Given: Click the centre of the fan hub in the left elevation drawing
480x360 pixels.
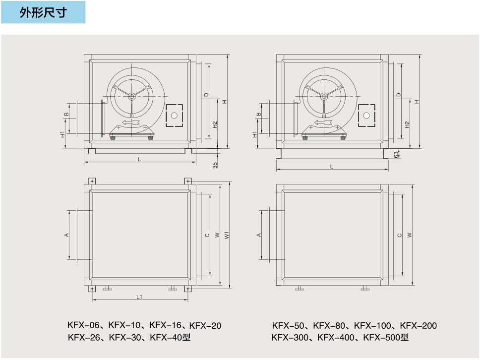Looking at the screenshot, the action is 131,96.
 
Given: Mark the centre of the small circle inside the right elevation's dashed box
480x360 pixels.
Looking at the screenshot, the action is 366,116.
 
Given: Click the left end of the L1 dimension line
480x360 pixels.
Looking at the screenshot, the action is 92,300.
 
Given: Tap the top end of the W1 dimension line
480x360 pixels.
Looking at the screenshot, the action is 230,181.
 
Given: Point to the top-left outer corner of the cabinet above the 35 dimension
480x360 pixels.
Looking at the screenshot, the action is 84,55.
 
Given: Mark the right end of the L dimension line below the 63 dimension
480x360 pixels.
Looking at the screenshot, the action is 388,169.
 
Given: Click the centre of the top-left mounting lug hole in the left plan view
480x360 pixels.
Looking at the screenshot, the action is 92,181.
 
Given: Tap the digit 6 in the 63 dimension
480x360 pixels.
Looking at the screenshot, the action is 396,156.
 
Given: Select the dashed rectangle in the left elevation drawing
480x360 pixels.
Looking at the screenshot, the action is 174,116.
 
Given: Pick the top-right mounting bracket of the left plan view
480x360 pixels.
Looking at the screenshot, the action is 188,181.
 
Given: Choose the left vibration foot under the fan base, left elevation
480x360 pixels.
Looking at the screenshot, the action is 113,138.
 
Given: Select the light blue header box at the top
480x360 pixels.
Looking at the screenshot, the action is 43,12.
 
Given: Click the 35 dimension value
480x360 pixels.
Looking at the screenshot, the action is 215,165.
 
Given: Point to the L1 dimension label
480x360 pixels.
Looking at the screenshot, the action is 139,297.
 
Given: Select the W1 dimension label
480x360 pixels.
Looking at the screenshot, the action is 227,235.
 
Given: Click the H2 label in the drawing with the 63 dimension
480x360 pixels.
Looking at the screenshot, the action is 407,124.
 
